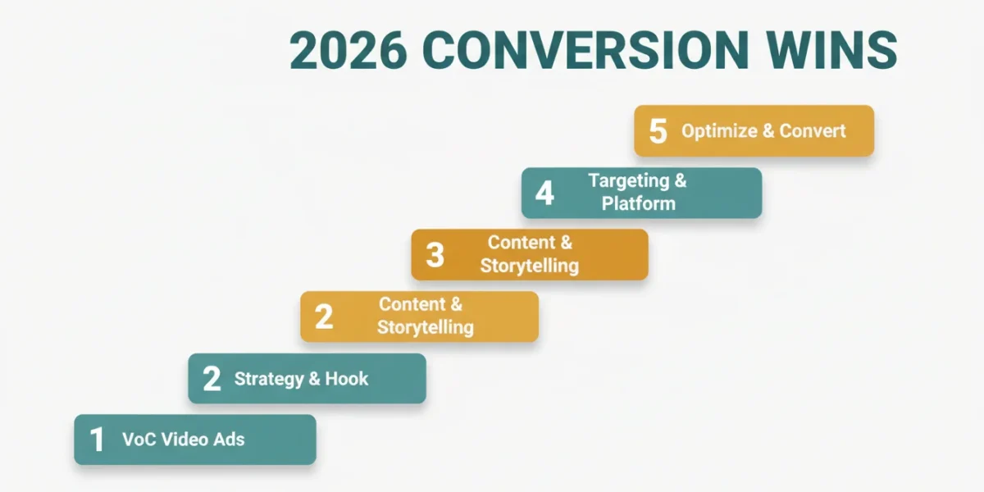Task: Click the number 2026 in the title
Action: pos(348,51)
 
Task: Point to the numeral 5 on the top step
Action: pos(658,131)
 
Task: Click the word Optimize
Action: pos(720,131)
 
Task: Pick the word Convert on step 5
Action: pos(813,131)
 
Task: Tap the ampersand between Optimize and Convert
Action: pos(768,131)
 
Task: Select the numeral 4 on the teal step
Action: pos(544,194)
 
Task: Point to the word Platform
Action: pos(638,203)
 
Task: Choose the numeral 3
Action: pos(435,255)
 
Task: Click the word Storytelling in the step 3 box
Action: pos(530,266)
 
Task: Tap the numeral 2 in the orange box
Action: pos(324,317)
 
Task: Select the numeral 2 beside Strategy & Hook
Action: pos(212,379)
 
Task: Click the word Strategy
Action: pos(269,380)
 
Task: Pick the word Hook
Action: pos(347,379)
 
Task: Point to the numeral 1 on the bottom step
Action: pos(97,440)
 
